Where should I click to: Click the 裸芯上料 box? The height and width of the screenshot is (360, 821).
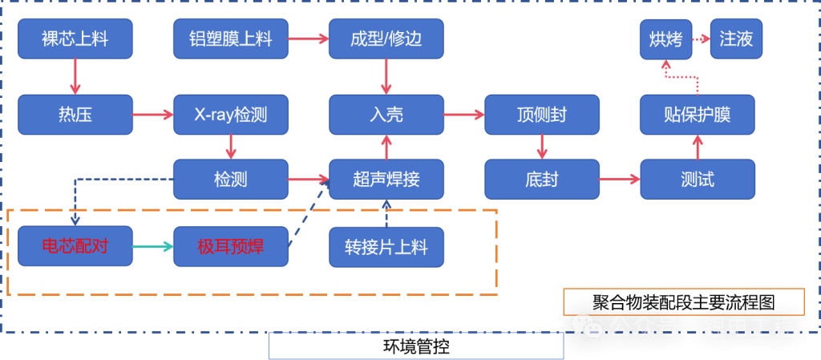coord(75,38)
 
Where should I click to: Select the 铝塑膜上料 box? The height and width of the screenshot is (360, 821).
coord(230,38)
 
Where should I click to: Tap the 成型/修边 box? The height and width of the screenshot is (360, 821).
coord(386,38)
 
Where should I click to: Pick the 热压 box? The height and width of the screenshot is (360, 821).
coord(75,115)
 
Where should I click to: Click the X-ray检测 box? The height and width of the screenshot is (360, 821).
coord(230,115)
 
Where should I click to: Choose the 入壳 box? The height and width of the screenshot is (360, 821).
coord(386,115)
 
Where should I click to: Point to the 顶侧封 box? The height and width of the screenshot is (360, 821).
coord(541,115)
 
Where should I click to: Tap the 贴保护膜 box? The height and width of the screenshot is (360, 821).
coord(697,115)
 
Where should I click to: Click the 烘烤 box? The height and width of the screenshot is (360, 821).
coord(665,38)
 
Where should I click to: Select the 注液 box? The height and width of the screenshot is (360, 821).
coord(736,38)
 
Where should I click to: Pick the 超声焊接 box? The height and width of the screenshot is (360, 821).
coord(386,179)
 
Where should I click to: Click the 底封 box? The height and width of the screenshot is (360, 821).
coord(541,179)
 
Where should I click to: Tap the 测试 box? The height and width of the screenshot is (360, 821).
coord(697,179)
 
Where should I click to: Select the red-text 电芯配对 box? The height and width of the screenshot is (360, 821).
coord(75,247)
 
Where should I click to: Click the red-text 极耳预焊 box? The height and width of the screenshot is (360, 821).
coord(230,247)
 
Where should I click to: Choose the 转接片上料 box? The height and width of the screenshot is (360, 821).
coord(386,247)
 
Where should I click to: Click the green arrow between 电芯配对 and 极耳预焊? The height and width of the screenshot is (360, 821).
coord(152,247)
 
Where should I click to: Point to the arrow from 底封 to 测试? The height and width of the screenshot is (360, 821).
coord(620,179)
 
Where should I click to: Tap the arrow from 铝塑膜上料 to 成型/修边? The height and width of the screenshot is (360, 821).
coord(308,38)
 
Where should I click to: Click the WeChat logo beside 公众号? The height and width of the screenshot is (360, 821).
coord(588,325)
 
